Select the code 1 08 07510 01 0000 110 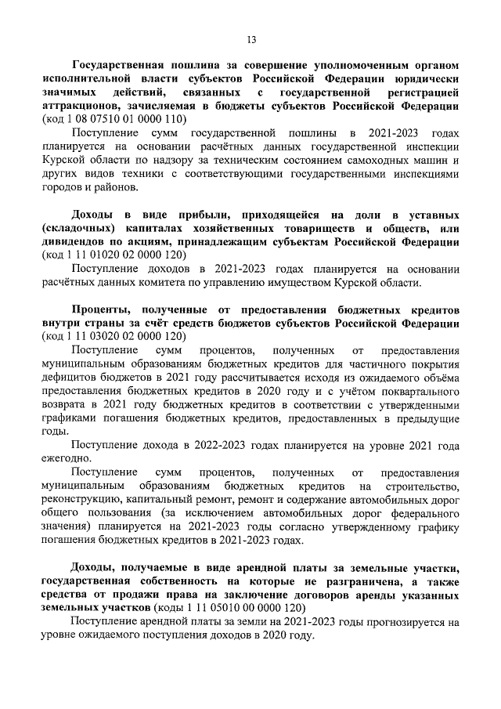click(127, 119)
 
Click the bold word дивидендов click(77, 241)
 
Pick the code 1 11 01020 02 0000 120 click(127, 255)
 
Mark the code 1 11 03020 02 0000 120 click(127, 336)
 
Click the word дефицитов click(69, 377)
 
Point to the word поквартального click(416, 390)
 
